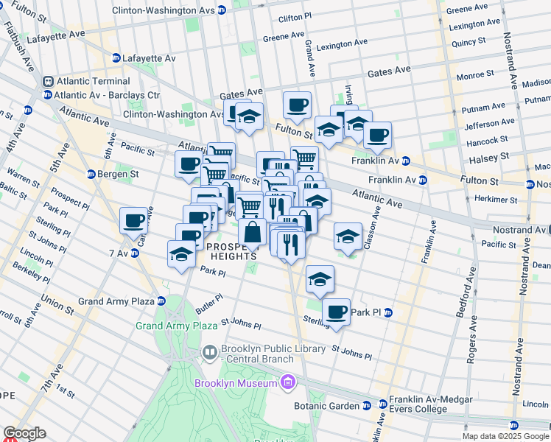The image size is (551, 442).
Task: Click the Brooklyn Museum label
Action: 236,382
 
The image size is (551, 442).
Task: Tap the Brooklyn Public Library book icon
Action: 209,354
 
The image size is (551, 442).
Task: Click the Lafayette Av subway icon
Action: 116,58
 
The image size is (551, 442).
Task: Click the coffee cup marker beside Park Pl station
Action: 336,312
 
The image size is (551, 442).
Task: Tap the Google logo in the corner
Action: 24,433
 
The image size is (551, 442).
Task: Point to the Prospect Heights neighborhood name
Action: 231,250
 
